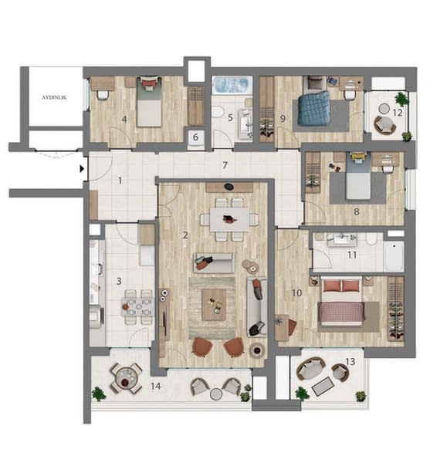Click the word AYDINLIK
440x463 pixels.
click(x=54, y=97)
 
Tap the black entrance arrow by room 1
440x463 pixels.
click(x=82, y=169)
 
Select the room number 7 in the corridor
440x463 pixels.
click(x=225, y=165)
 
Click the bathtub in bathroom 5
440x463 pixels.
click(x=232, y=85)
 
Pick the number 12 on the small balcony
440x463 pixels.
click(x=398, y=113)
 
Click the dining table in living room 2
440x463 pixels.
click(x=230, y=219)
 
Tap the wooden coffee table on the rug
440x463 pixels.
click(x=214, y=305)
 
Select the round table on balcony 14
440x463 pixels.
click(x=127, y=378)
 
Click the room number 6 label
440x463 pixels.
click(x=195, y=137)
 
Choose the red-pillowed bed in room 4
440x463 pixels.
click(x=150, y=101)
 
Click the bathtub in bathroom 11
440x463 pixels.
click(x=394, y=257)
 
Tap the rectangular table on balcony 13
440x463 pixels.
click(x=323, y=387)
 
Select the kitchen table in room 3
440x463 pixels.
click(x=137, y=307)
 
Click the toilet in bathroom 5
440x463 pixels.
click(x=218, y=112)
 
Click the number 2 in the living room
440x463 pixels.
click(x=185, y=235)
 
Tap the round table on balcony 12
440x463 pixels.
click(x=384, y=109)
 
